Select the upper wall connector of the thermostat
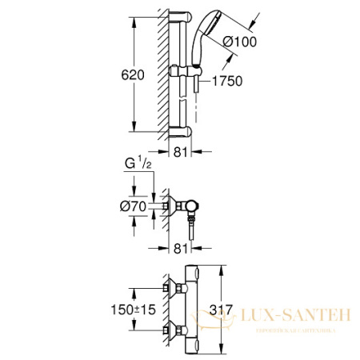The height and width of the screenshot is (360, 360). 171,286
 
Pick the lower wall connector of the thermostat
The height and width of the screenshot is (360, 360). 171,327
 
